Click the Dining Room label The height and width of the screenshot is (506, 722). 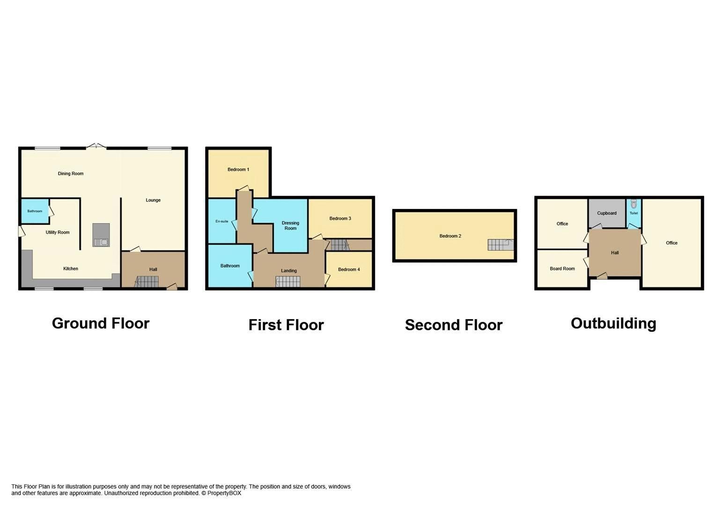click(x=71, y=174)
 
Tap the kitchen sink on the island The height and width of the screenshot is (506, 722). click(x=101, y=242)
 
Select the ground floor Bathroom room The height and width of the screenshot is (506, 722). click(x=35, y=211)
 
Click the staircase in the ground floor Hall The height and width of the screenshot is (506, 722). click(x=147, y=282)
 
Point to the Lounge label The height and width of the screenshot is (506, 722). click(x=153, y=201)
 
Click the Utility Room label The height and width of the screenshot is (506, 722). click(x=58, y=232)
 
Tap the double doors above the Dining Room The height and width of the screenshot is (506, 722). click(x=96, y=146)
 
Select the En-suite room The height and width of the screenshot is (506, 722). click(x=222, y=221)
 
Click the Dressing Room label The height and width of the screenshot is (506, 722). click(x=290, y=226)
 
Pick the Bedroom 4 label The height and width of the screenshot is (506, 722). click(x=349, y=269)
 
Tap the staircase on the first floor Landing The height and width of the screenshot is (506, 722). click(x=287, y=282)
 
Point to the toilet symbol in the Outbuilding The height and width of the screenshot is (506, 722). click(x=634, y=204)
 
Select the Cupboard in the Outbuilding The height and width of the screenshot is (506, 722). click(x=607, y=213)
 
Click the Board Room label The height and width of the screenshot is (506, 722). click(x=562, y=269)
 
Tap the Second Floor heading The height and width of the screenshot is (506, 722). click(x=453, y=325)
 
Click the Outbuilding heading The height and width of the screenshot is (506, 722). click(x=613, y=324)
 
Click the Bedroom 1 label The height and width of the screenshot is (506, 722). click(x=238, y=170)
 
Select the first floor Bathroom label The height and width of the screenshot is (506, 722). click(x=230, y=266)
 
